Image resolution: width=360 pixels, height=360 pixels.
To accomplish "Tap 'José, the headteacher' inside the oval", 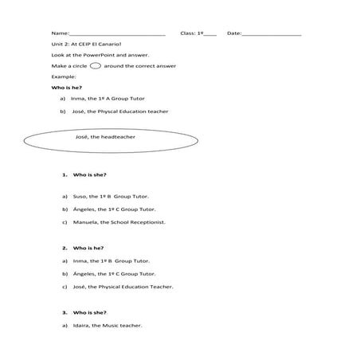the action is pos(111,136).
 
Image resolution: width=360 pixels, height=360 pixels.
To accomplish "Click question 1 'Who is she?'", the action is pos(89,174).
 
